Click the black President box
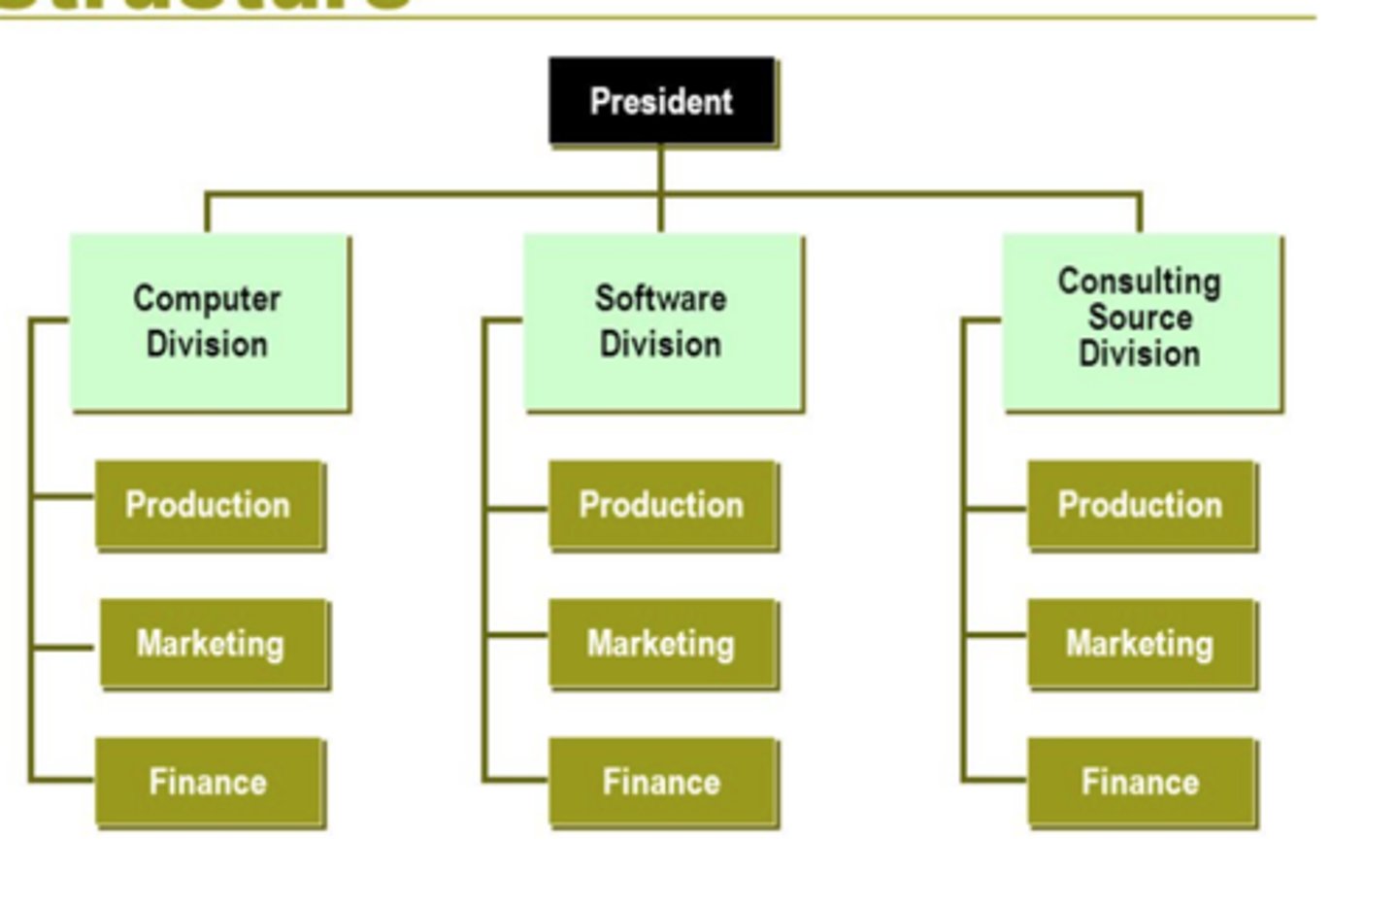(662, 101)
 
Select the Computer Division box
(209, 322)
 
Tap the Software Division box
(663, 322)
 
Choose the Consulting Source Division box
(1142, 322)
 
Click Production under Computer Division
(210, 505)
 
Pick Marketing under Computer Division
(214, 644)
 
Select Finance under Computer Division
(210, 783)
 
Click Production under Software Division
(663, 505)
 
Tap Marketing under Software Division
(663, 644)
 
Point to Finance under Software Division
(663, 783)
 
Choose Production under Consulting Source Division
(1142, 505)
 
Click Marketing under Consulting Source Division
(1142, 644)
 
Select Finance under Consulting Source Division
(1142, 783)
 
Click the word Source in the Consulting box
(1140, 318)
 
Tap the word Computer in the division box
(207, 299)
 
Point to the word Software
(661, 299)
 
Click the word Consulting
(1140, 282)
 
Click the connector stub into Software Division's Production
(517, 507)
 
